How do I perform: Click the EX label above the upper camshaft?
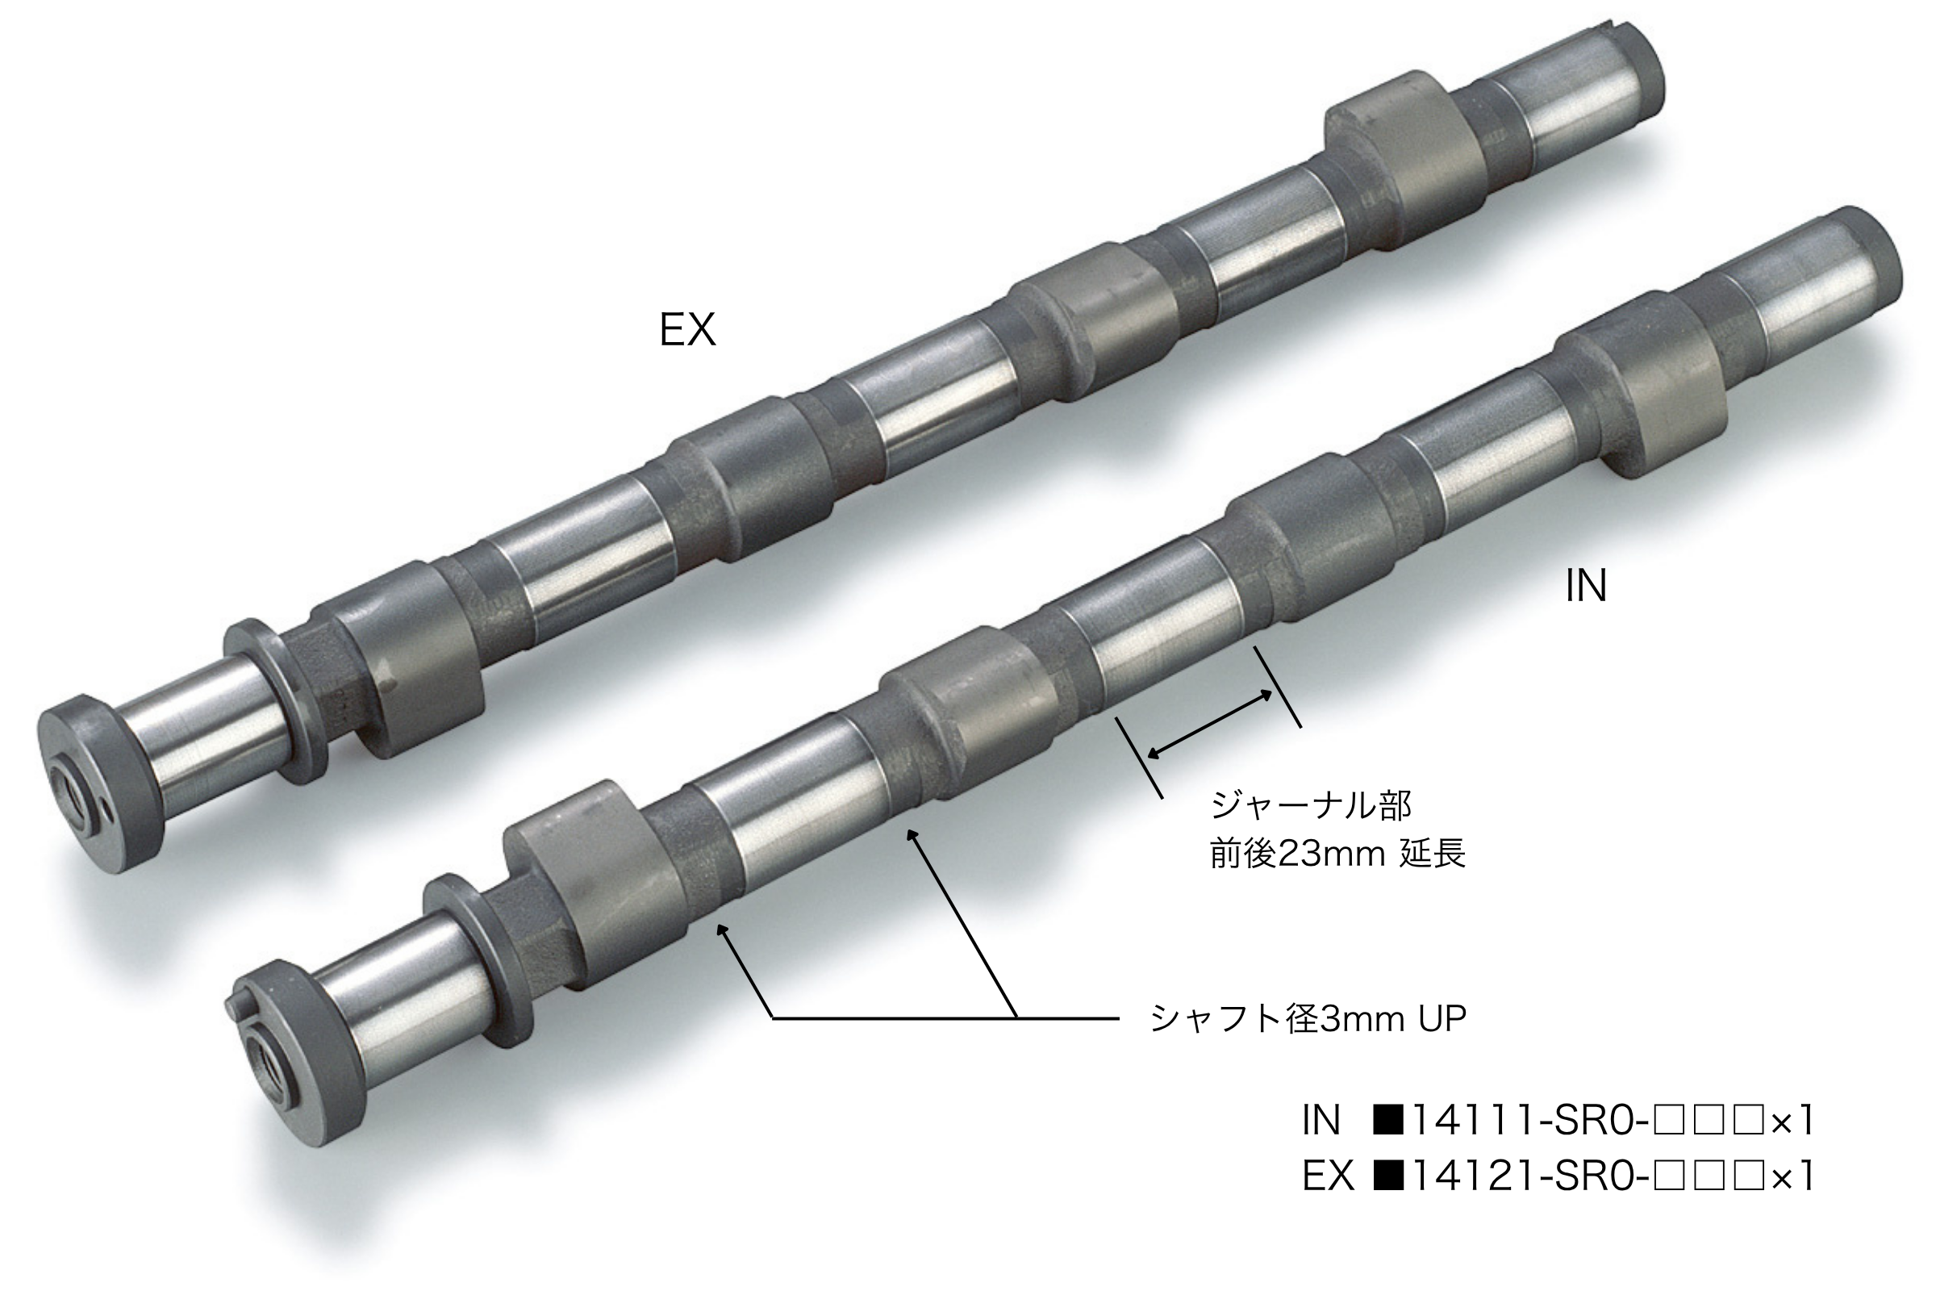tap(687, 330)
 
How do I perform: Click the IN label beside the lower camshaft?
tap(1585, 587)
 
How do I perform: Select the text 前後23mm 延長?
tap(1337, 854)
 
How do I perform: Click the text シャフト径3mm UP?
tap(1308, 1019)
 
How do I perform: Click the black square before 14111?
tap(1387, 1122)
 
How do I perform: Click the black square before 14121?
tap(1387, 1177)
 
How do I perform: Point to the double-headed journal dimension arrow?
tap(1209, 725)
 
